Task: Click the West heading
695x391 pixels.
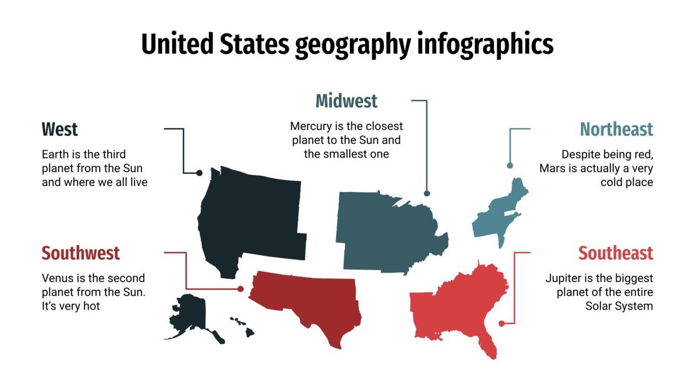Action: (60, 129)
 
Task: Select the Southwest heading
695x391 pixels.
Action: (81, 253)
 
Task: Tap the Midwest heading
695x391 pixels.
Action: (346, 101)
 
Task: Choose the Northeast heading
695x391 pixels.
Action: (617, 129)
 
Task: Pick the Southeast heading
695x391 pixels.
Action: (616, 253)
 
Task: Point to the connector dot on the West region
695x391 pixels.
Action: (199, 173)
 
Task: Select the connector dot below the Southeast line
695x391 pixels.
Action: (501, 323)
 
